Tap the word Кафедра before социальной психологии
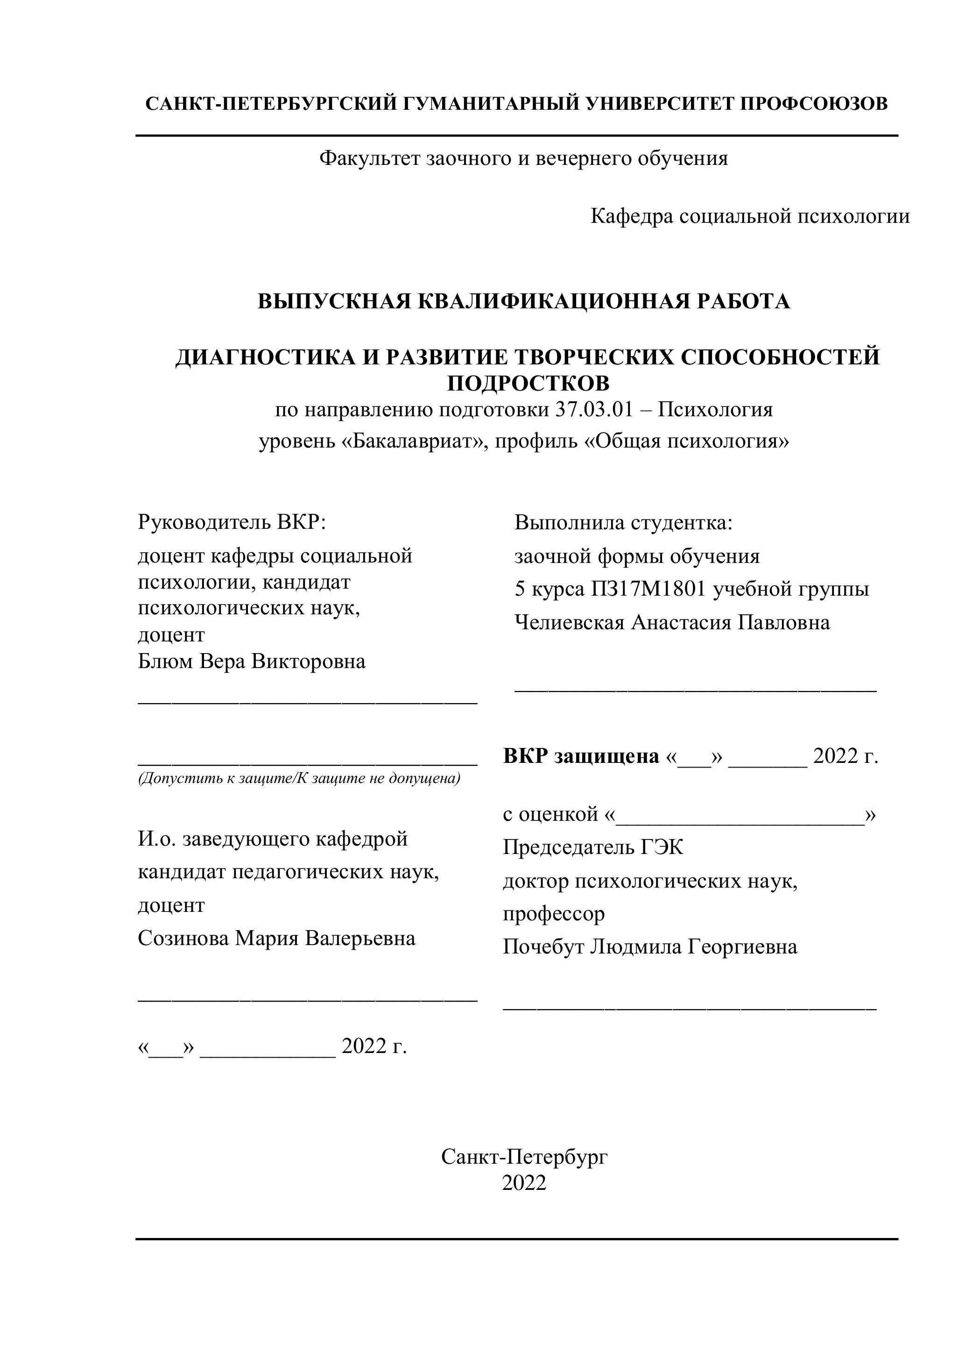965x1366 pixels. coord(632,216)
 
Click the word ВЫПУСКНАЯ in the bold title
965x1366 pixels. coord(335,302)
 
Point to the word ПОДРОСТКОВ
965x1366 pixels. coord(528,383)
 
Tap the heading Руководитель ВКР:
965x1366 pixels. coord(232,522)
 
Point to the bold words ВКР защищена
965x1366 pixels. coord(581,756)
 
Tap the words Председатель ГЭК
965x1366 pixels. coord(593,847)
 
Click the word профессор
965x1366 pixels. coord(554,913)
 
